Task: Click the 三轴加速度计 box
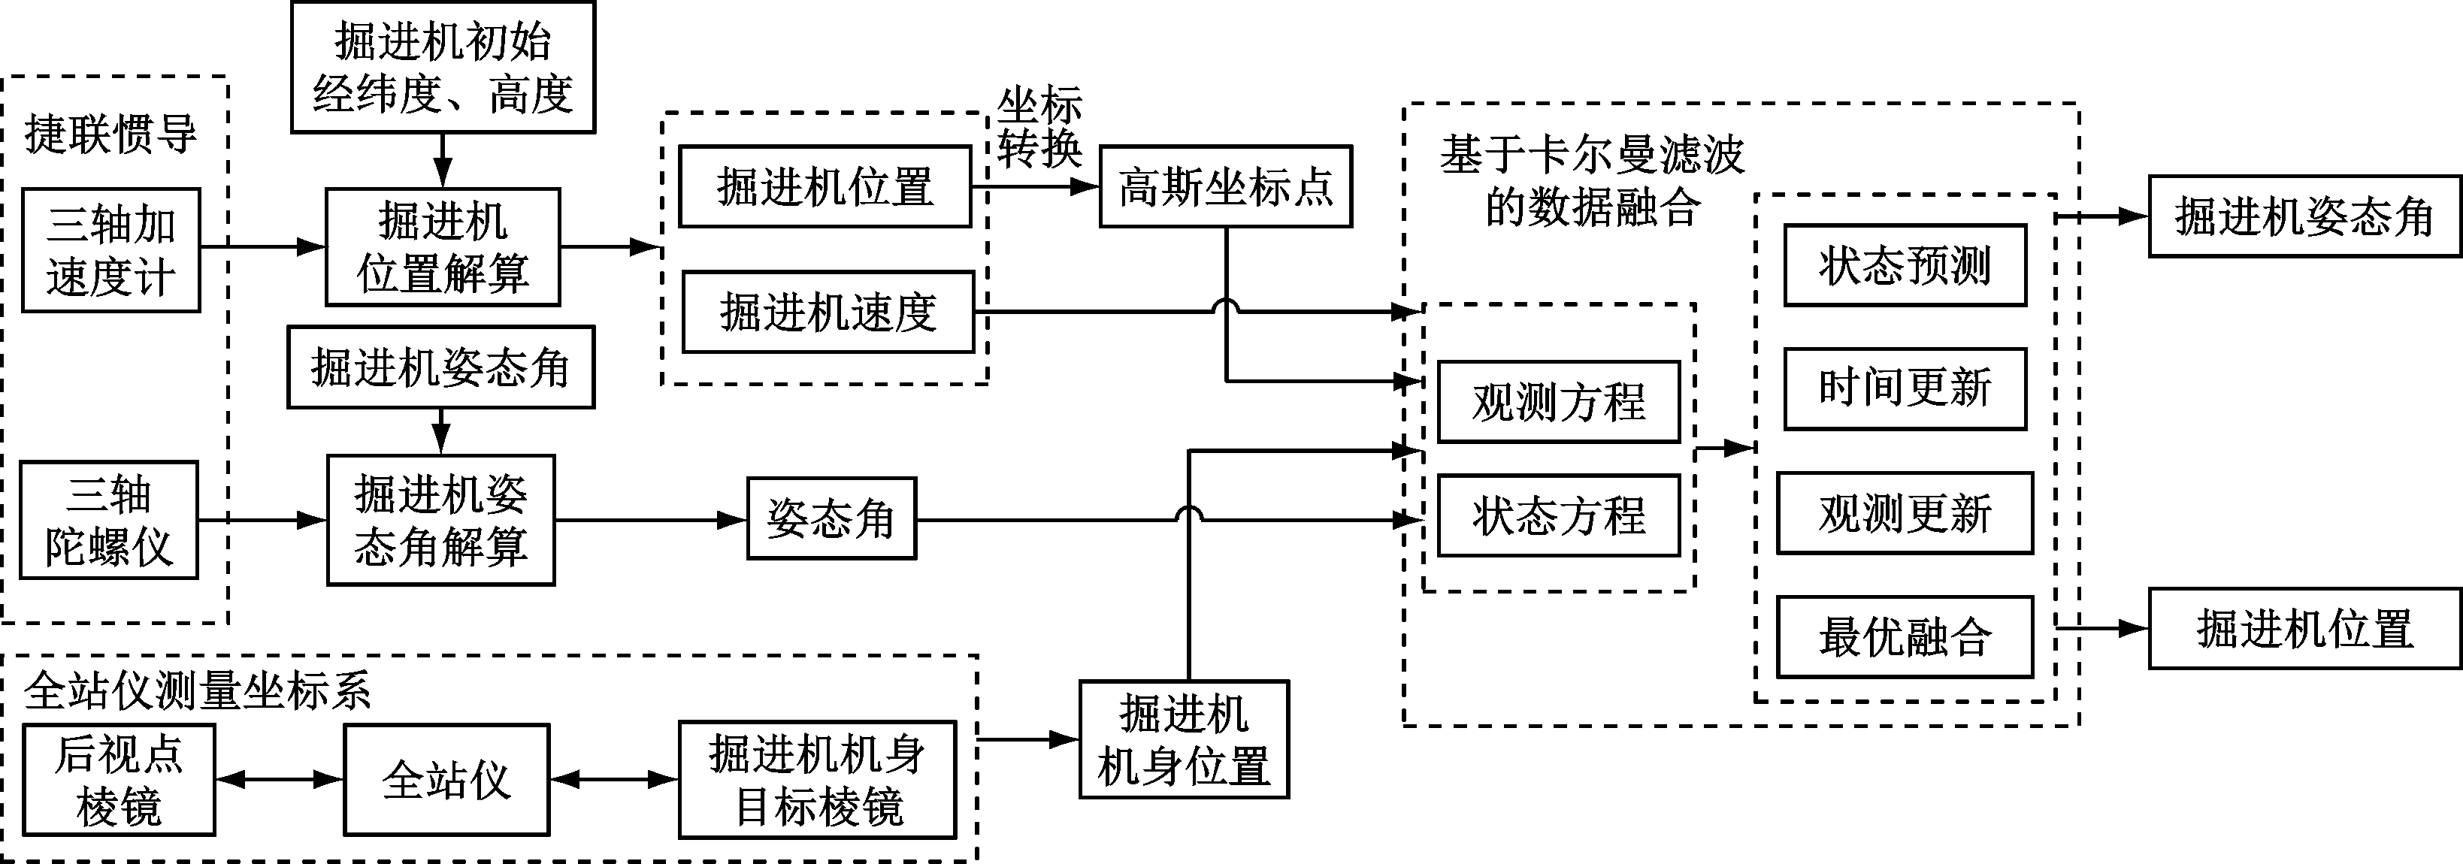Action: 111,250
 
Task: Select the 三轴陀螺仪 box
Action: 109,520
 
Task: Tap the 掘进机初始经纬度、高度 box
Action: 443,67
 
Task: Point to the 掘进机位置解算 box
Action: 443,247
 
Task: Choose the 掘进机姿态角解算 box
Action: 440,520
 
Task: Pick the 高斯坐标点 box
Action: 1226,187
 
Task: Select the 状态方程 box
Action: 1559,516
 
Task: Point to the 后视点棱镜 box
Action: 119,780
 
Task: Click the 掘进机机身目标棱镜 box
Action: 818,780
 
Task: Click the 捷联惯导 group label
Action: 111,134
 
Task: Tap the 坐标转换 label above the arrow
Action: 1039,128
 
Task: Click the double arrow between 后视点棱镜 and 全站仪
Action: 279,780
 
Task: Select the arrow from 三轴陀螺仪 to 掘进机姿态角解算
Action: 262,520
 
